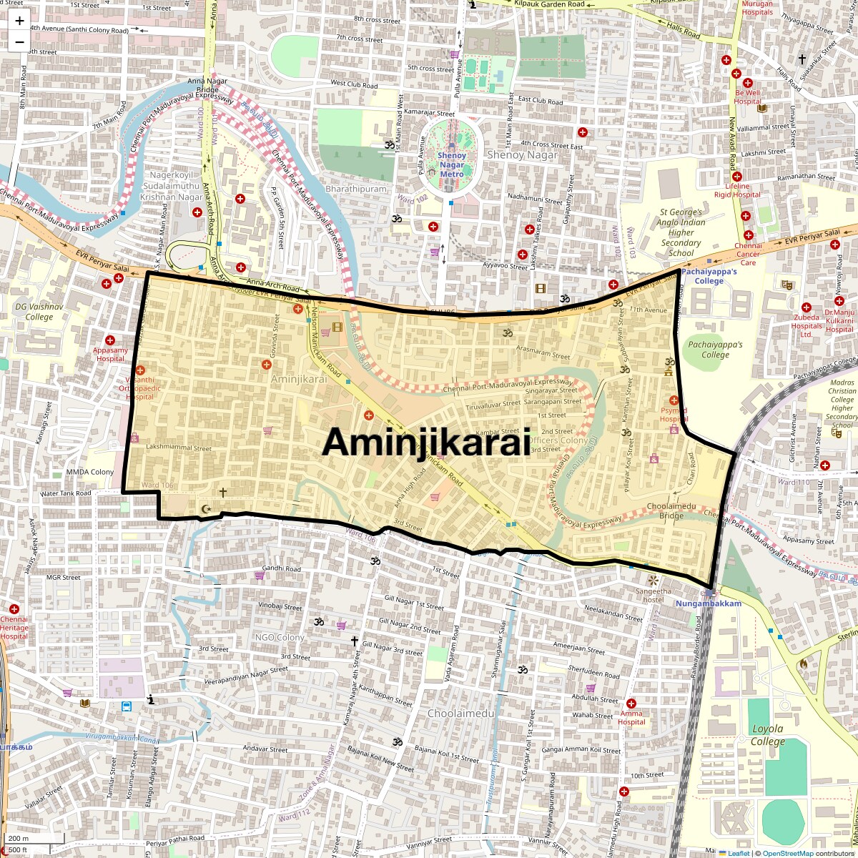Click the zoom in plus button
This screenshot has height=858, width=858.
(19, 21)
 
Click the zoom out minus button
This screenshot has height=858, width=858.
(19, 41)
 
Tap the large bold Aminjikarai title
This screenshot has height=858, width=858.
(426, 442)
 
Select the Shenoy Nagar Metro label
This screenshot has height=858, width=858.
(452, 165)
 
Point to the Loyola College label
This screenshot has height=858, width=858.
(767, 735)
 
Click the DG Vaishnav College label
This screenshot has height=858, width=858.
(34, 312)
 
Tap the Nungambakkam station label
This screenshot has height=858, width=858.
(709, 603)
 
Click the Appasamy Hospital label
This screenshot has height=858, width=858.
(110, 355)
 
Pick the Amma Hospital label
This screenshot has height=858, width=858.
(631, 717)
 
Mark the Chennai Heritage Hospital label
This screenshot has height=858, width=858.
(14, 628)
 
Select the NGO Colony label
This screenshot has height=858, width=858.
(280, 638)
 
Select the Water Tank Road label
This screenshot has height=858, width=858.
(66, 493)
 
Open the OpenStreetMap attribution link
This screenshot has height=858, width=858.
(787, 853)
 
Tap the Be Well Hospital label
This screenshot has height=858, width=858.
(747, 97)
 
